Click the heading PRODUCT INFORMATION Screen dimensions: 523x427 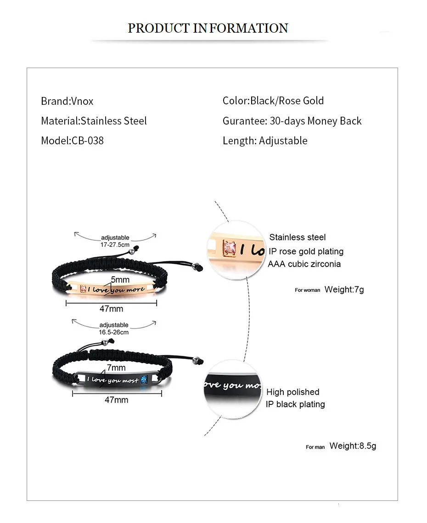208,28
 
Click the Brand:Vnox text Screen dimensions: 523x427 67,101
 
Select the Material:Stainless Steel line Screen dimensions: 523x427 94,121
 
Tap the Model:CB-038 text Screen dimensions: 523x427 72,141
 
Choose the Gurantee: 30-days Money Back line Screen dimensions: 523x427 292,121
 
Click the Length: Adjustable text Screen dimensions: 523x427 264,141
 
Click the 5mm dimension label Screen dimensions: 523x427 120,279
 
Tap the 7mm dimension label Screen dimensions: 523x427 116,368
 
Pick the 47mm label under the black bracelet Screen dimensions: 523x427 116,400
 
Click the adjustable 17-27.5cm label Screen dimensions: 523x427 115,241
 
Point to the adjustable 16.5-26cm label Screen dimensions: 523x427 114,328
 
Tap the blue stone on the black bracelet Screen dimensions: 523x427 144,379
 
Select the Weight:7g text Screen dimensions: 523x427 344,290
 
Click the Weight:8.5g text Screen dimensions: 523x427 353,446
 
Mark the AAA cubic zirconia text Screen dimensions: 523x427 304,264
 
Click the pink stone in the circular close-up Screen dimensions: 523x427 229,249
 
